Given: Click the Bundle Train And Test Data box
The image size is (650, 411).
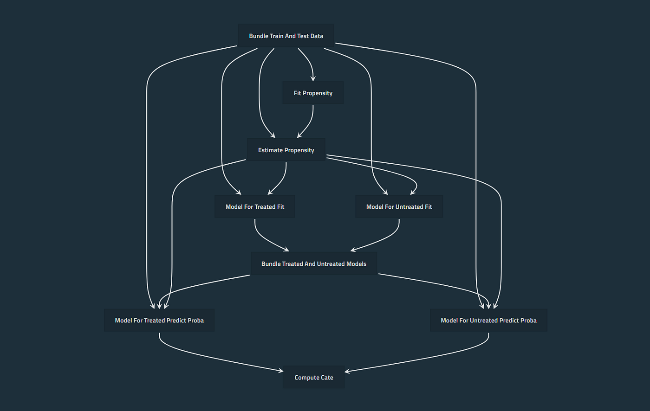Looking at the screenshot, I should (x=286, y=36).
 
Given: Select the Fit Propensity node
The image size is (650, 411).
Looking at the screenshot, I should (x=313, y=93).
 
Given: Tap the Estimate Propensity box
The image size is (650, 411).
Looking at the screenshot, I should (x=286, y=150).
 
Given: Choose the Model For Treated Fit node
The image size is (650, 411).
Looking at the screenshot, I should (x=255, y=206).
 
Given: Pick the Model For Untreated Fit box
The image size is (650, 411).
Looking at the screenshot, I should (x=399, y=206).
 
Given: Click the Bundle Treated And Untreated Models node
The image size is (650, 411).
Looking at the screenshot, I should (x=314, y=263).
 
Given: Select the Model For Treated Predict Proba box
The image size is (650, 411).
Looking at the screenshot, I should (x=159, y=320).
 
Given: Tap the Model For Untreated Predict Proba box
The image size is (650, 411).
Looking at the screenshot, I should (x=488, y=320).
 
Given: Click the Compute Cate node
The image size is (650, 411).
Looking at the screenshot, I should (x=314, y=377).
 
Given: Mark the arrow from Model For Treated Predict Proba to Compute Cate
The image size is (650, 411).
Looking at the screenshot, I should (x=214, y=357).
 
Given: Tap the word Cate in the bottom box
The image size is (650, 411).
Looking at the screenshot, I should (x=327, y=377).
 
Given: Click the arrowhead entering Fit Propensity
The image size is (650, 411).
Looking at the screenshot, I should (x=313, y=79).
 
